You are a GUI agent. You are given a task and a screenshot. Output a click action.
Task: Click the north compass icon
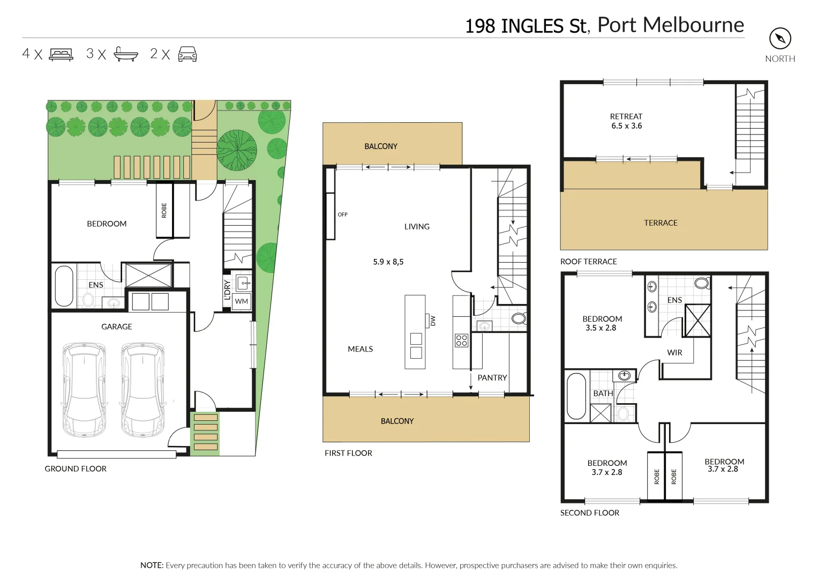(780, 39)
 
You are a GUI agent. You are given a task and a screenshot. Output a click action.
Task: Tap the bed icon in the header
(61, 54)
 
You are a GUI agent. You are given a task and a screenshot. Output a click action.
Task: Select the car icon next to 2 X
(187, 54)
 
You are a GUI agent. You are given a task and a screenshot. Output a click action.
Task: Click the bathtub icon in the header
(126, 54)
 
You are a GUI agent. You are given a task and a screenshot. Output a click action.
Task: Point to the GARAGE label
(116, 326)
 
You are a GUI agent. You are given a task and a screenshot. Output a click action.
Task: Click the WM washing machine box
(242, 301)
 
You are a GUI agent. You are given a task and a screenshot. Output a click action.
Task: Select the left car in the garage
(84, 389)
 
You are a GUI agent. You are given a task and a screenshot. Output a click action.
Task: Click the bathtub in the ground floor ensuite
(64, 286)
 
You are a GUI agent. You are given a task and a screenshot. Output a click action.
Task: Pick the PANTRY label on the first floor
(492, 378)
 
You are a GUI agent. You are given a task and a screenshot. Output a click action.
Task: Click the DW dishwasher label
(433, 321)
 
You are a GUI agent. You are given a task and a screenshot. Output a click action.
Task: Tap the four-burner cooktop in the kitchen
(461, 340)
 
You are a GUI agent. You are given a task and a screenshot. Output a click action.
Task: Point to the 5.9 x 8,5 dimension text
(388, 262)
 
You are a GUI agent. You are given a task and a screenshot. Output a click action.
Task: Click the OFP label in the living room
(342, 214)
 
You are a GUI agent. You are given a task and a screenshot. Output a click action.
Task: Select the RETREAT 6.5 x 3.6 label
(626, 121)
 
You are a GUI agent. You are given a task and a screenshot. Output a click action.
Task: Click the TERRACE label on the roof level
(661, 223)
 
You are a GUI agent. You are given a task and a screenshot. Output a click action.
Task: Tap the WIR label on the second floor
(674, 353)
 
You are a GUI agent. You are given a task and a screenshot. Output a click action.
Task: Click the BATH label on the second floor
(603, 394)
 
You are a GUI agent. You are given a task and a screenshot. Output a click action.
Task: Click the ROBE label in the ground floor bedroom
(164, 210)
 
